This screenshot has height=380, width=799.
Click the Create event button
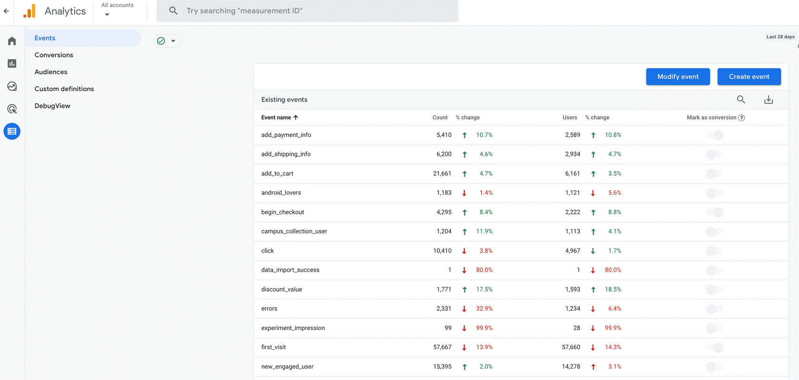[x=749, y=76]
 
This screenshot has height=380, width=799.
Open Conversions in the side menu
[x=54, y=55]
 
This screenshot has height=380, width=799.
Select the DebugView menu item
[x=52, y=106]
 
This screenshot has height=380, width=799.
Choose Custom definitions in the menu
[x=64, y=89]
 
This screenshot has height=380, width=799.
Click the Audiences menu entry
[x=51, y=72]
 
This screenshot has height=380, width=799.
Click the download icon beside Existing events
[x=768, y=100]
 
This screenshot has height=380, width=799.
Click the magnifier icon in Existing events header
[x=741, y=100]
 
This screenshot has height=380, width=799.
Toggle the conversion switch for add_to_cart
[x=714, y=174]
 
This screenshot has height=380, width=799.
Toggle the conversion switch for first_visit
[x=715, y=348]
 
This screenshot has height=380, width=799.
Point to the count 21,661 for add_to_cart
[x=442, y=174]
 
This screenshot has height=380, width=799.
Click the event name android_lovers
[x=281, y=193]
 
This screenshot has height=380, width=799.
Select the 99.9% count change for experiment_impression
[x=484, y=328]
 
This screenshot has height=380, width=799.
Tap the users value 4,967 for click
[x=572, y=251]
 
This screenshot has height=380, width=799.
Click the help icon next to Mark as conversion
[x=741, y=118]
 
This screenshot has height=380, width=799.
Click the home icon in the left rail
[x=12, y=41]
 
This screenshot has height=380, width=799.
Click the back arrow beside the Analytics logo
[x=6, y=11]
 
